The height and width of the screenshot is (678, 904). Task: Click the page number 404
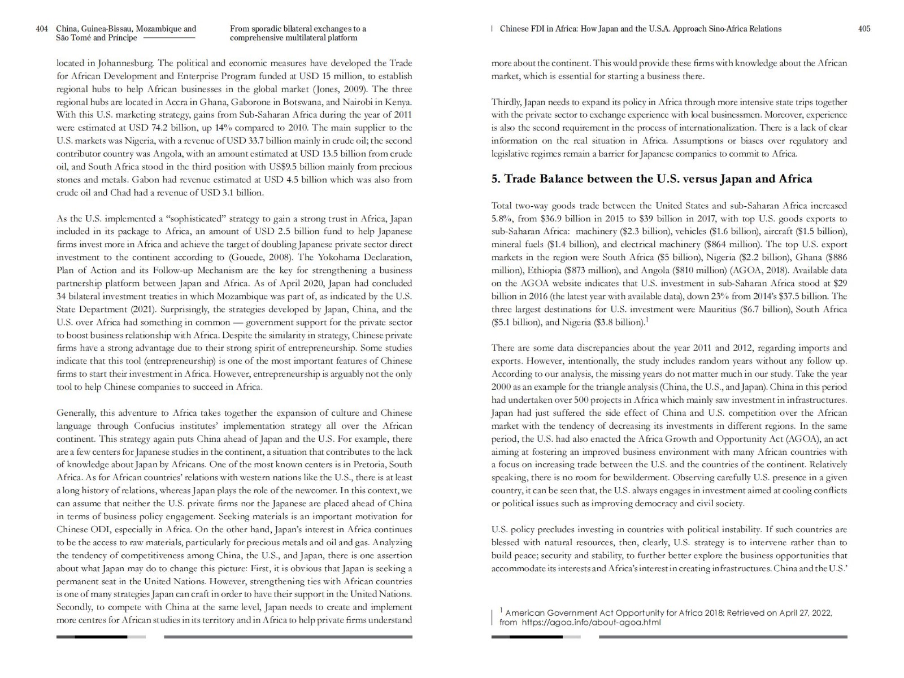[42, 29]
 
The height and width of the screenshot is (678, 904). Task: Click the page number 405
[864, 29]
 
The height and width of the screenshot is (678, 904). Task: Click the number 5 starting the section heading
[496, 179]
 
